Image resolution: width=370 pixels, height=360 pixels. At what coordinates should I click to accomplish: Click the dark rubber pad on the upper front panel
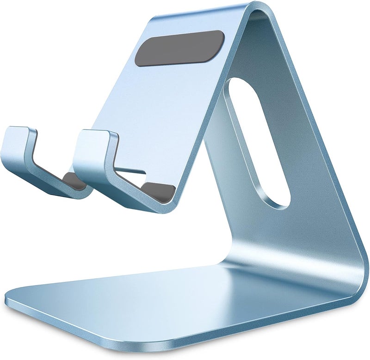[179, 48]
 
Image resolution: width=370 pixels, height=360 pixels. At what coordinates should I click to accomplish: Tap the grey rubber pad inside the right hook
[157, 190]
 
